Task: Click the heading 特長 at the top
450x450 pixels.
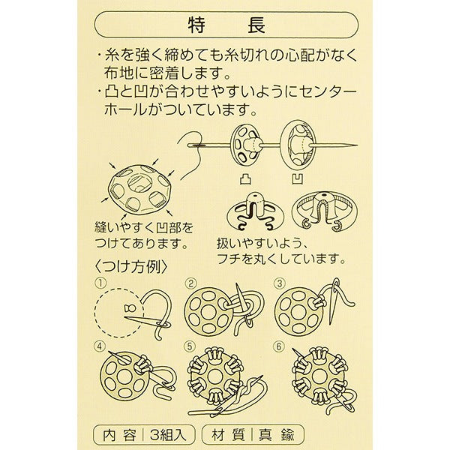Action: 226,25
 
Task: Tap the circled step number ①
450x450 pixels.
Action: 101,283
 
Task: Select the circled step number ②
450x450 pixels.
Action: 190,283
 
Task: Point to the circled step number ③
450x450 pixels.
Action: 280,283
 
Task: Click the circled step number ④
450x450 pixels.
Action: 100,346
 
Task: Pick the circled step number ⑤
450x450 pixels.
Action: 190,346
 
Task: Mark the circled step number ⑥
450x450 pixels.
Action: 279,346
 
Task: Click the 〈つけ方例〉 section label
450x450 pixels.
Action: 130,267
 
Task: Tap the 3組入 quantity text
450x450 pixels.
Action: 168,435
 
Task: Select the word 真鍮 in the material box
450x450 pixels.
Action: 277,435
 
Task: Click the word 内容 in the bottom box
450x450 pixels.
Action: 119,435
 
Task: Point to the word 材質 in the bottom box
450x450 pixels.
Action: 228,435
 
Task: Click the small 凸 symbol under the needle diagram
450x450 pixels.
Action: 246,179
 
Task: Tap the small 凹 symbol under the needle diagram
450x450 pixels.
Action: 298,179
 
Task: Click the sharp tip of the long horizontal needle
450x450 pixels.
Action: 358,145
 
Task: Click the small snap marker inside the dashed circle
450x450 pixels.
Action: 130,308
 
